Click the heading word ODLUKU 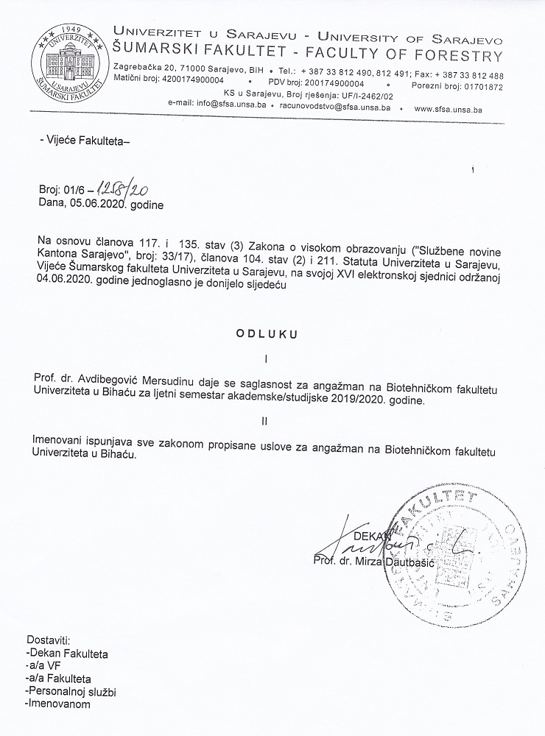266,333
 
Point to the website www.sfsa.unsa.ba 459,108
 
